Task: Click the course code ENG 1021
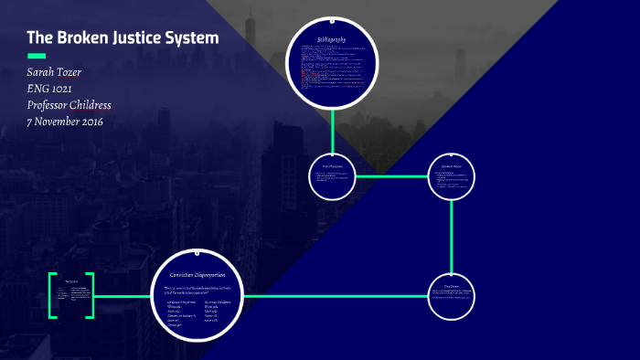(54, 90)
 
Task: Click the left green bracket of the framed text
(52, 295)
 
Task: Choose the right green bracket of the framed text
(90, 295)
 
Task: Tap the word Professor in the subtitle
(52, 105)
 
